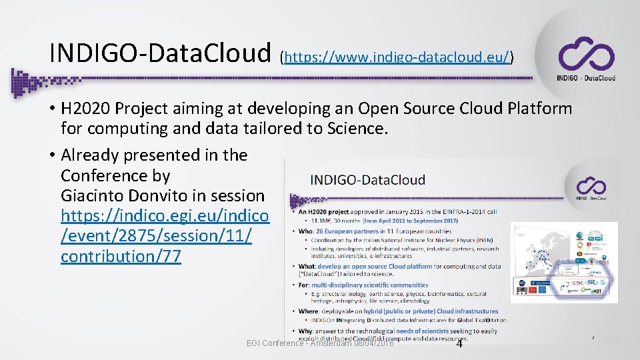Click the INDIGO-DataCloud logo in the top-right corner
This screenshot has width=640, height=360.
click(586, 59)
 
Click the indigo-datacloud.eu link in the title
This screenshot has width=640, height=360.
click(398, 57)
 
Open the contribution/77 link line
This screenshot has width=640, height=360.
click(121, 257)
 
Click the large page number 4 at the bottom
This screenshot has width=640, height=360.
click(459, 343)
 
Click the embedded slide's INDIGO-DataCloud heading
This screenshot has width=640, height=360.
click(368, 179)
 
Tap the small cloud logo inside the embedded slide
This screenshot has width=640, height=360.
click(591, 187)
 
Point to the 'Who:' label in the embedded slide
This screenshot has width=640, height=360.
click(307, 231)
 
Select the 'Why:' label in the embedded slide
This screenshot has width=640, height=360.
click(307, 331)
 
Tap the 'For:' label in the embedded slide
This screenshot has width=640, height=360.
click(305, 285)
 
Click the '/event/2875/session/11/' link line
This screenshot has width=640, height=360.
click(156, 237)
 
